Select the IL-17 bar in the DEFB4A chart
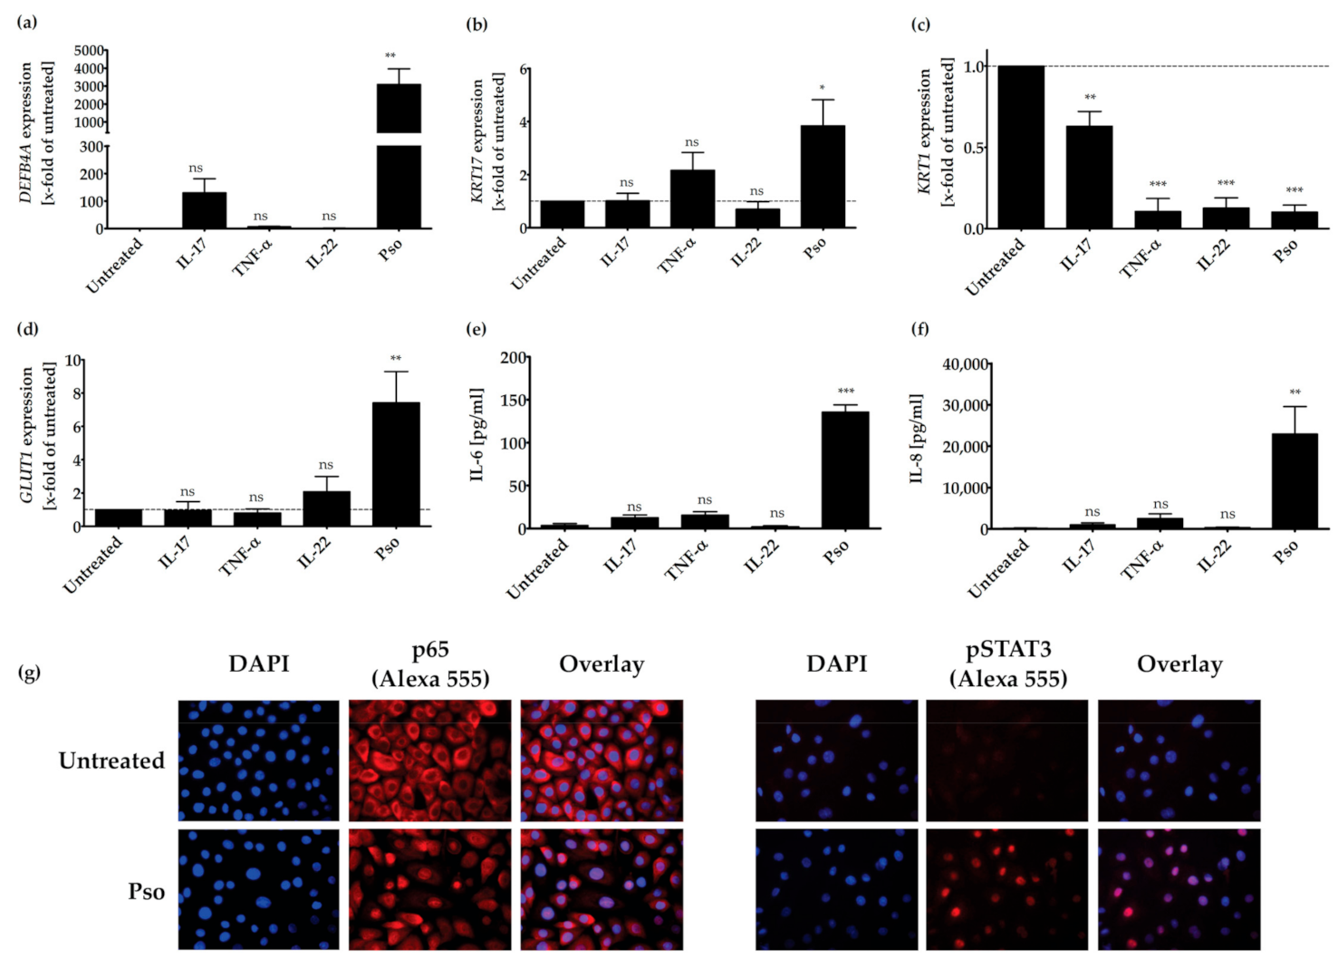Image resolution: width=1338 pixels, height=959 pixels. (204, 210)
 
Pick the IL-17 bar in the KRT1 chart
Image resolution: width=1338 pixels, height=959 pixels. (1089, 177)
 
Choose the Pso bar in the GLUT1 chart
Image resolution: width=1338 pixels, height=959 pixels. (396, 464)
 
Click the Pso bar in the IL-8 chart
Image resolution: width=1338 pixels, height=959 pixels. (1295, 480)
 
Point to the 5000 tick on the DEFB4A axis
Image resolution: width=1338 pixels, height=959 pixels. (90, 51)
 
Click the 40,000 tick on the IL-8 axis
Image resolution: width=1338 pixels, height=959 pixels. (965, 364)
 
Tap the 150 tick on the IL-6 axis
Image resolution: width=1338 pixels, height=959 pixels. (514, 400)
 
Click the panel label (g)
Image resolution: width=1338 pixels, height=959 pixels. (29, 672)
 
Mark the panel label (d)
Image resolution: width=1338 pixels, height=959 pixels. (28, 328)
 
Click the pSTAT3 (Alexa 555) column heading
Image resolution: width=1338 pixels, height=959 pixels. (1007, 664)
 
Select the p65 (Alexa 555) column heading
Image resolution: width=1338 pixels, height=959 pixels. (430, 664)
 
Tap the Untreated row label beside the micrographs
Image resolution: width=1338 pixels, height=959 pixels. (111, 760)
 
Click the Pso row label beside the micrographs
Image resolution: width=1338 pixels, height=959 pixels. (146, 891)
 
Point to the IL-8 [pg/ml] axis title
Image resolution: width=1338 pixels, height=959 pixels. (916, 439)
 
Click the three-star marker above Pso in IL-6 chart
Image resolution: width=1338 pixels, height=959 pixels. (845, 392)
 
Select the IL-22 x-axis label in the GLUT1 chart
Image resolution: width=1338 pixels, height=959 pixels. (315, 553)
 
